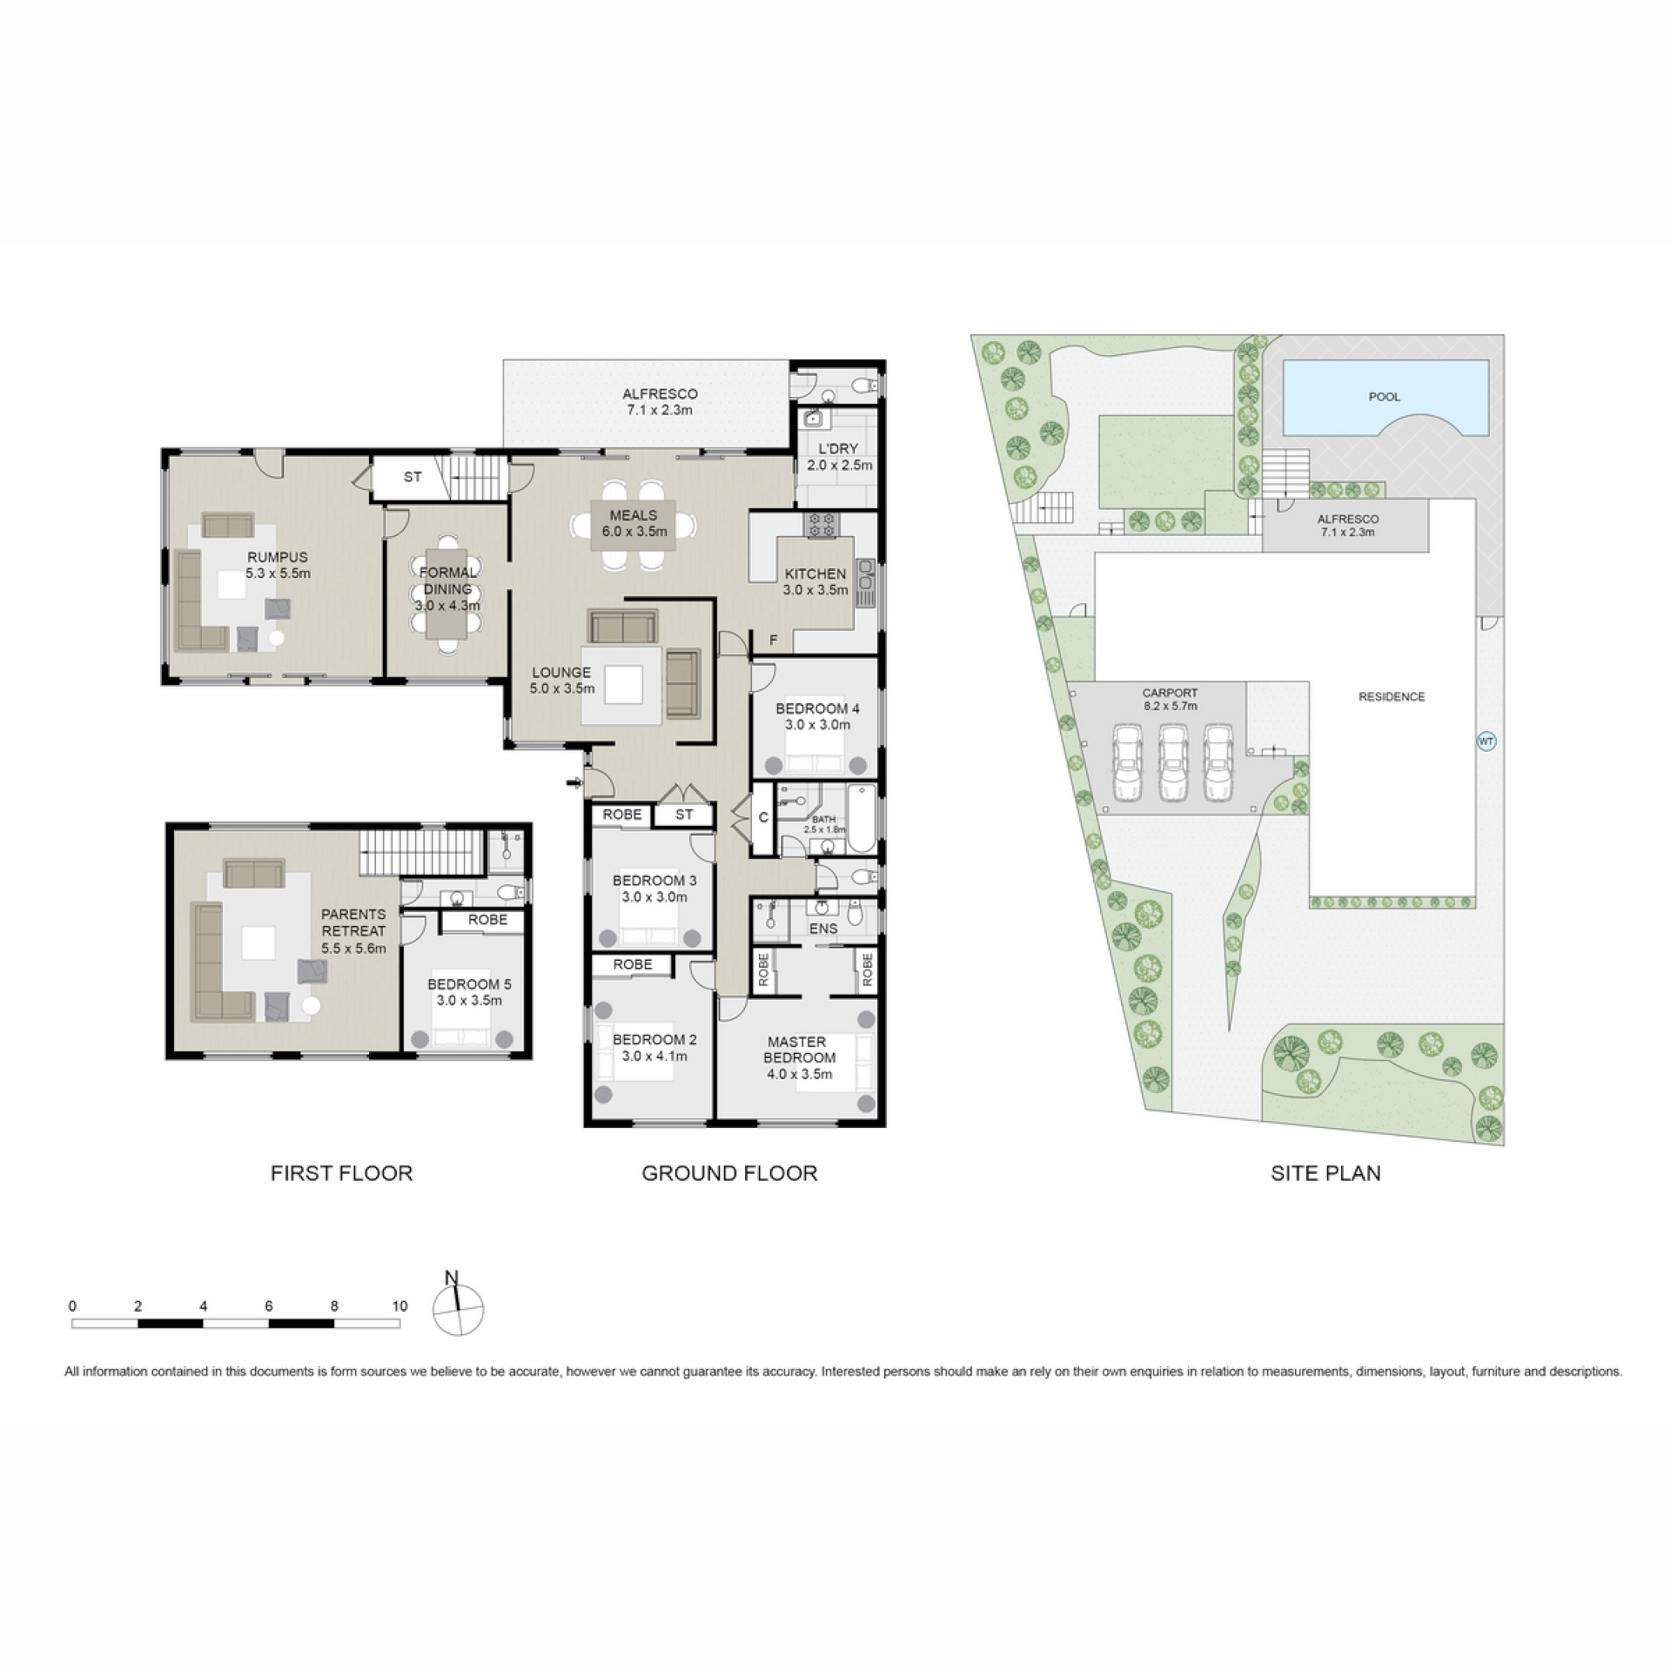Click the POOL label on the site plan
(1384, 397)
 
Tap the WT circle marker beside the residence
(1486, 742)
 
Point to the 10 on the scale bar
(399, 1305)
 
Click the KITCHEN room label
(815, 574)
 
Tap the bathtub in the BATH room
(862, 818)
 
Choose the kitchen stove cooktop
(822, 525)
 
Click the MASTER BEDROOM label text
(798, 1050)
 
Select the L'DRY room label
(838, 448)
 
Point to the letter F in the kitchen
(773, 641)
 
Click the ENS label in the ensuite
(823, 929)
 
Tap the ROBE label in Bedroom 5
(487, 920)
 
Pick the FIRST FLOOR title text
(341, 1173)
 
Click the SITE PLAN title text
(1325, 1173)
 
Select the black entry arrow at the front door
(574, 784)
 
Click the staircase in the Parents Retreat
(420, 852)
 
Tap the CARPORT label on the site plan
(1170, 694)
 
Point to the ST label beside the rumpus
(413, 477)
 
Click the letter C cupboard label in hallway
(763, 818)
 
